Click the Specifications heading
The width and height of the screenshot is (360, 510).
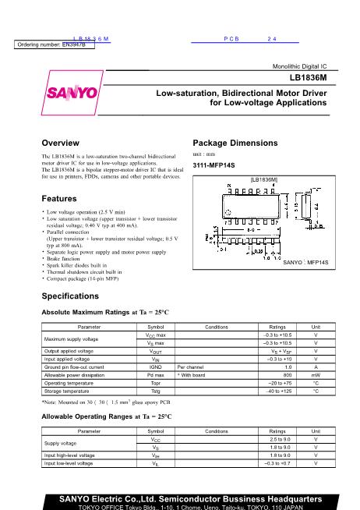72,296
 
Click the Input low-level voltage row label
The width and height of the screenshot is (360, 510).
69,463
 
